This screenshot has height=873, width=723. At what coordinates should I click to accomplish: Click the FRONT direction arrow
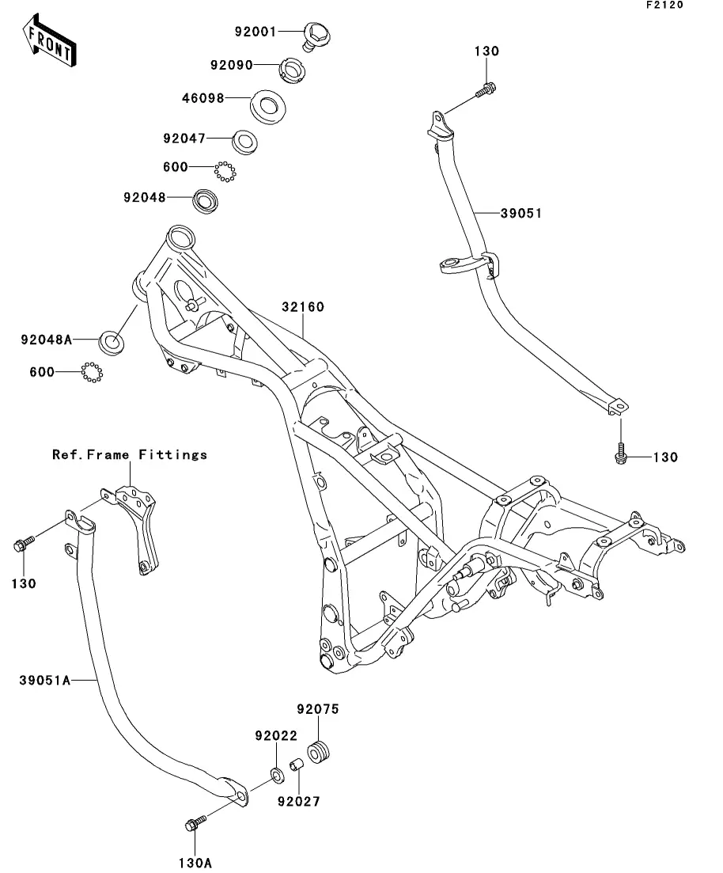tap(49, 41)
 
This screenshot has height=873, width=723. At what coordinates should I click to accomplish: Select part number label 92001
tap(256, 32)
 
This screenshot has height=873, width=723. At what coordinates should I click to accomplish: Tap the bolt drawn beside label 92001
tap(317, 36)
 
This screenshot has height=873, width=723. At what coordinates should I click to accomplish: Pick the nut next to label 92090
tap(291, 70)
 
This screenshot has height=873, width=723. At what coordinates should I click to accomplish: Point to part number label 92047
tap(184, 138)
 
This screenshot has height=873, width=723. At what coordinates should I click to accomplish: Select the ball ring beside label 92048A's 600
tap(92, 372)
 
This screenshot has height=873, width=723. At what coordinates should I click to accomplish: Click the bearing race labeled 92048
tap(206, 201)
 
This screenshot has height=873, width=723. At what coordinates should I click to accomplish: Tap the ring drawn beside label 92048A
tap(112, 342)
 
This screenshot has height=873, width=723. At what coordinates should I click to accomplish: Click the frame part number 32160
tap(303, 307)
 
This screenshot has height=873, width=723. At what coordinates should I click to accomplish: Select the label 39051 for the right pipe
tap(521, 213)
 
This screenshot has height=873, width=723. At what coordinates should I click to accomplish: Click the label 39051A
tap(45, 680)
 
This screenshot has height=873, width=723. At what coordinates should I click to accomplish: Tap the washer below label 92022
tap(276, 774)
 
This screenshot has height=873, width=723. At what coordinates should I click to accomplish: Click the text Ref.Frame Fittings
tap(130, 455)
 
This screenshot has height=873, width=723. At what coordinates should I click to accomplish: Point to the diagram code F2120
tap(664, 5)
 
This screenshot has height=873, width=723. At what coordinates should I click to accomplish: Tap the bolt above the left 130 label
tap(24, 543)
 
